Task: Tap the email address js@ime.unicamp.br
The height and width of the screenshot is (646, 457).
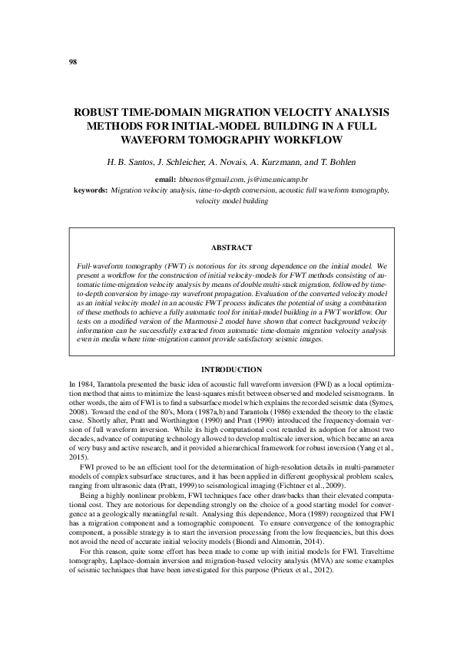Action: tap(278, 177)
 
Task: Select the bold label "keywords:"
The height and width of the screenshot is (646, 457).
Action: tap(90, 188)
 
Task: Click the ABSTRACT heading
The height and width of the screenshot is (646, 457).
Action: tap(231, 248)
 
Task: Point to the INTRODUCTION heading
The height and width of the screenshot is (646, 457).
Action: tap(231, 370)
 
